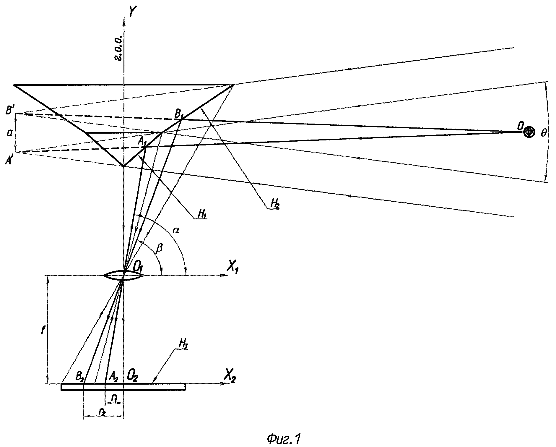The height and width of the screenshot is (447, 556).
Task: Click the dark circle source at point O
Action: point(529,132)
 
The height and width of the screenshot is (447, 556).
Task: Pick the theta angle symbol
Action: point(543,134)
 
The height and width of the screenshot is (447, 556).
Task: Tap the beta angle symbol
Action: point(159,248)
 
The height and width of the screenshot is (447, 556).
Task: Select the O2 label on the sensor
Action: point(132,375)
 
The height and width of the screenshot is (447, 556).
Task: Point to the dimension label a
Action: point(9,133)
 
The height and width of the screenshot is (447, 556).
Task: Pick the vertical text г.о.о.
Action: point(119,49)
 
